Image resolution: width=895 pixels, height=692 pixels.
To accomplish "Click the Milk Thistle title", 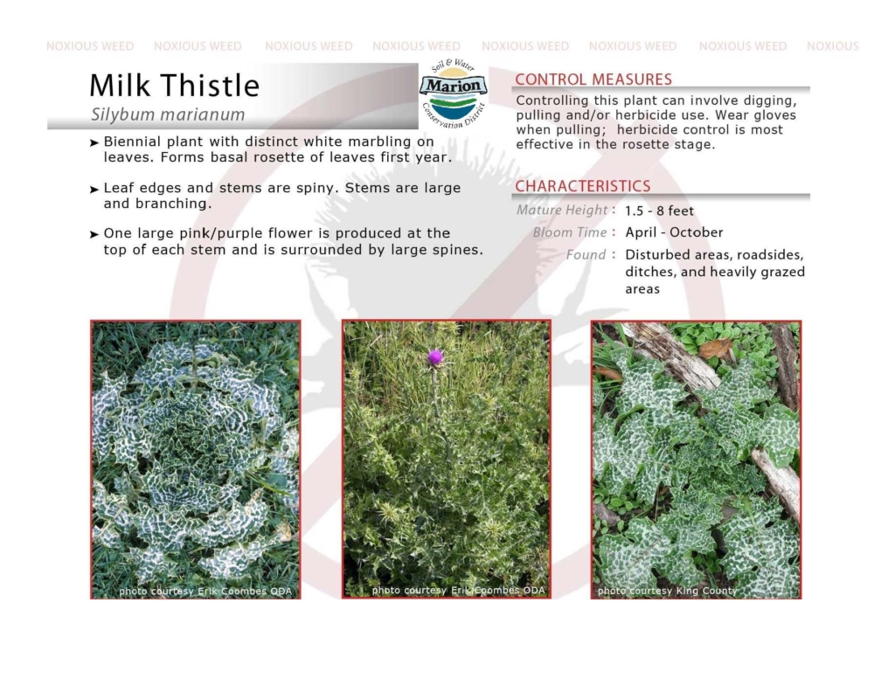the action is [175, 86].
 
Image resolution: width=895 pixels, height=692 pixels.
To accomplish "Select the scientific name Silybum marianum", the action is [168, 114].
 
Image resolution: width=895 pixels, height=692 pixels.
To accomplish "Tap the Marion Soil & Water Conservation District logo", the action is [454, 93].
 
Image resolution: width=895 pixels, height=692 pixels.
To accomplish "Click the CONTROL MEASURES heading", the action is [593, 80].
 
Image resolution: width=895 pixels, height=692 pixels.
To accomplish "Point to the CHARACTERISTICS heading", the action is [583, 187].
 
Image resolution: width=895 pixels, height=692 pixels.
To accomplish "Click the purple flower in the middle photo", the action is [435, 357].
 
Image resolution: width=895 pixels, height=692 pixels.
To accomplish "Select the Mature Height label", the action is [562, 210].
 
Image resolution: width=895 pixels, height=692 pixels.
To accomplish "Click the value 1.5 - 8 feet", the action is [659, 211].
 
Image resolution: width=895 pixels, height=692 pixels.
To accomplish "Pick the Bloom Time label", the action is [570, 232].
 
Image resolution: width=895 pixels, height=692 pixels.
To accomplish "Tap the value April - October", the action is [674, 232].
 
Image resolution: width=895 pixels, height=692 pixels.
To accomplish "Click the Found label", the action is [586, 254].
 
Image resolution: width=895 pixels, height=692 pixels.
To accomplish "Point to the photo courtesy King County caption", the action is [667, 591].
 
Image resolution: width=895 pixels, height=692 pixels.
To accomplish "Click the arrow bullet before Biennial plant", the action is [94, 143].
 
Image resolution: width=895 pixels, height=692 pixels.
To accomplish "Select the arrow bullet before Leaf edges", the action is [94, 190].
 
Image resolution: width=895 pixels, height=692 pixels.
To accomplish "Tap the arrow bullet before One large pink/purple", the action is [94, 234].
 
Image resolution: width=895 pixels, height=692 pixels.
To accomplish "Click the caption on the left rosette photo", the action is [205, 592].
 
